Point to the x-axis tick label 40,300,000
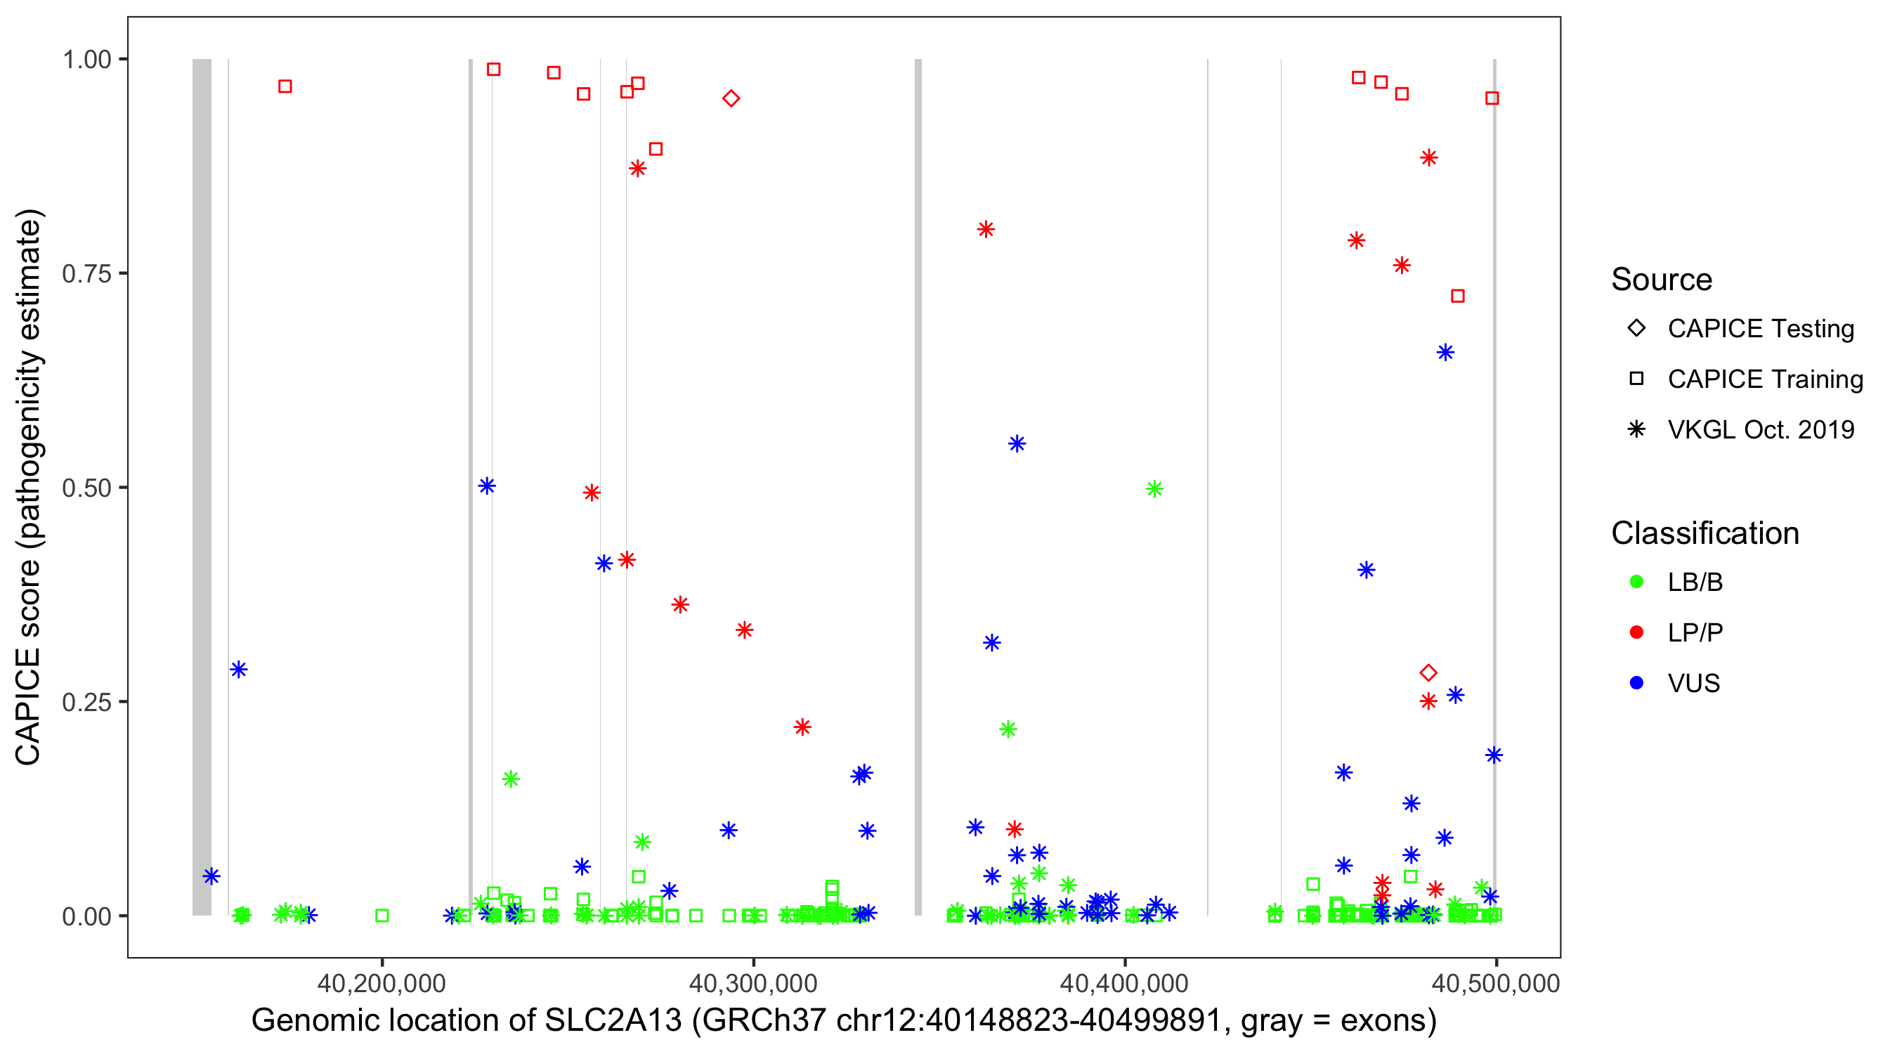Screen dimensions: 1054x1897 point(752,983)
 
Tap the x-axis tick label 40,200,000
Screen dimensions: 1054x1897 point(382,983)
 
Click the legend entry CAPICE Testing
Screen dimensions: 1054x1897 point(1760,329)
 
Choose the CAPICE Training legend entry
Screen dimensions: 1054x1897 point(1764,379)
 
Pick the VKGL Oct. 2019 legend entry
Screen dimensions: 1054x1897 point(1760,429)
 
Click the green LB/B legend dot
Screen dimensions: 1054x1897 point(1636,582)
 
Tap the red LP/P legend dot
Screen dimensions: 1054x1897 point(1636,632)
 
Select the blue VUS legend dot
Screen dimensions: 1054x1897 point(1636,683)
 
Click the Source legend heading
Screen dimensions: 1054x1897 point(1662,280)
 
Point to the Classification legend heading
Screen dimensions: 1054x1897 point(1704,533)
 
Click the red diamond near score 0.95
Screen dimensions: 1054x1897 point(731,98)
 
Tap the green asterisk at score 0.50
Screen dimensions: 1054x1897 point(1154,489)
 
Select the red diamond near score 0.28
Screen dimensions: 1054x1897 point(1428,672)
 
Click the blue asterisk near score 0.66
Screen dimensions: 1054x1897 point(1445,353)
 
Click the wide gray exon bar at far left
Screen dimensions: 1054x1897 point(202,486)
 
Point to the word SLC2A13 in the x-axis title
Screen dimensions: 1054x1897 point(613,1021)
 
